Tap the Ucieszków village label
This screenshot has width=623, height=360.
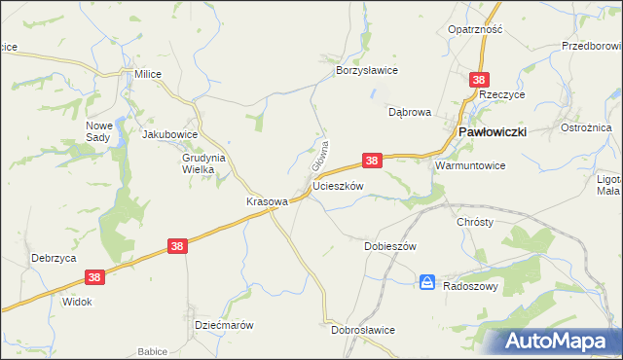(x=338, y=185)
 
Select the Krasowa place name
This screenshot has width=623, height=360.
(x=266, y=201)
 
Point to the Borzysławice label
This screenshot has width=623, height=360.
(x=367, y=71)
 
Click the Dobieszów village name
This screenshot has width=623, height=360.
(x=390, y=246)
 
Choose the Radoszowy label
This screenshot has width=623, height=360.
(x=471, y=287)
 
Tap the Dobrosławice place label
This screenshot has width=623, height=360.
(x=363, y=330)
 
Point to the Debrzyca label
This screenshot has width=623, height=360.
(x=54, y=258)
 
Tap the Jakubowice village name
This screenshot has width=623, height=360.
(x=170, y=135)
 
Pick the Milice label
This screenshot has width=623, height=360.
(x=148, y=74)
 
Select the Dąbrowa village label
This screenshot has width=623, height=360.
(x=409, y=112)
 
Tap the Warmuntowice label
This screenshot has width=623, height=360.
(x=470, y=165)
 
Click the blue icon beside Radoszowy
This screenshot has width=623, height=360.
(x=427, y=282)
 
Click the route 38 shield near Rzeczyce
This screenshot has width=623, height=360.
(x=478, y=80)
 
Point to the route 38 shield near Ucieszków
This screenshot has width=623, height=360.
(x=371, y=159)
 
